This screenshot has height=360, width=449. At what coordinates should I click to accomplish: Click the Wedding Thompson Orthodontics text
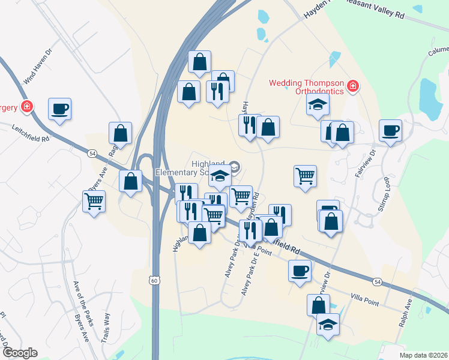click(306, 87)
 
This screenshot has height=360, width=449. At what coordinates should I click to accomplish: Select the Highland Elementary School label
click(190, 167)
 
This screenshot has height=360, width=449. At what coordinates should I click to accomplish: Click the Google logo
click(20, 353)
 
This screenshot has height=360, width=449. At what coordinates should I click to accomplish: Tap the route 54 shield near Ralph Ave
click(377, 281)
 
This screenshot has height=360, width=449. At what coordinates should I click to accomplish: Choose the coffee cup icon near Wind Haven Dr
click(60, 109)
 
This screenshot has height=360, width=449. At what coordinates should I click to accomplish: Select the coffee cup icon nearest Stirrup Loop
click(390, 130)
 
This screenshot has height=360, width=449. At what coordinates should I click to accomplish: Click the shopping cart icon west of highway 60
click(94, 201)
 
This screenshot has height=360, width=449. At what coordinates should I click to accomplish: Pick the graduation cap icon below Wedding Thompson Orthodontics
click(318, 106)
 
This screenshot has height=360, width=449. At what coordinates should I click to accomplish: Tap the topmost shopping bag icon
click(199, 61)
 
